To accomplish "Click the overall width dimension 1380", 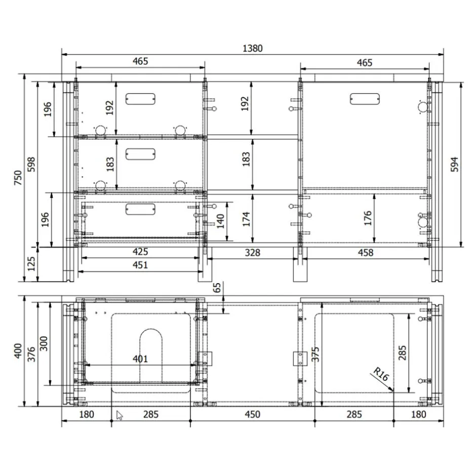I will point(253,48).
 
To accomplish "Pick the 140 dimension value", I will point(220,221).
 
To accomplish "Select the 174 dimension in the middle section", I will point(246,218).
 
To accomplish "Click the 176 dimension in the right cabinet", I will point(368,218).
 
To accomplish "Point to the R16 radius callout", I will point(381,376).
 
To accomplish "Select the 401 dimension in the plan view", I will point(140,359).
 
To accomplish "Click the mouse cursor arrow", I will point(120,415).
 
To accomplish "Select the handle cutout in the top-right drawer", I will point(365,99).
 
